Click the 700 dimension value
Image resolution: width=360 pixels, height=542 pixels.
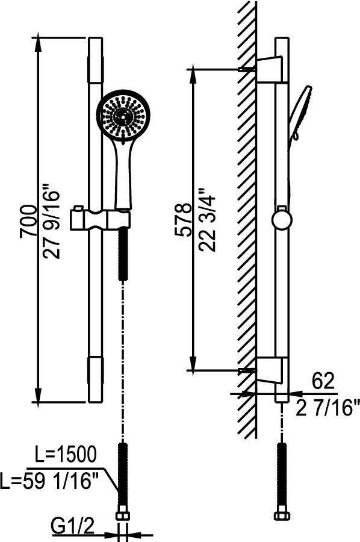(28, 221)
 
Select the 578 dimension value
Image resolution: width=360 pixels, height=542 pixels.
(183, 220)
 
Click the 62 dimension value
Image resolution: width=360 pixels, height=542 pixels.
(323, 381)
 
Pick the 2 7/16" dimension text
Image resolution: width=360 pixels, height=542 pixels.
(327, 407)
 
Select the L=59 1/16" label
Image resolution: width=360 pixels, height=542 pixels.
(49, 481)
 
